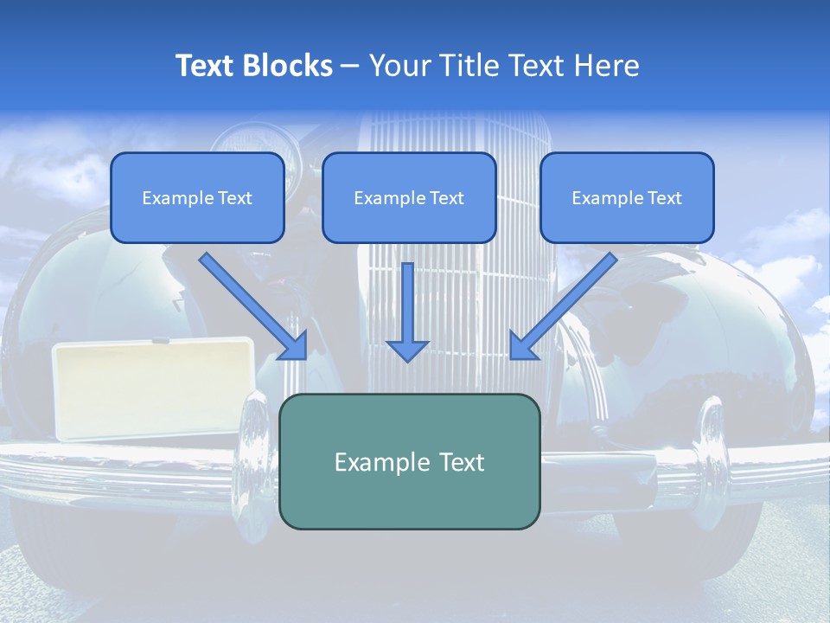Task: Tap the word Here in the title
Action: (607, 66)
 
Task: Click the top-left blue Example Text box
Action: (197, 198)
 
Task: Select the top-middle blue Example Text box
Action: (409, 198)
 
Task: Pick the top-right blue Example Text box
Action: (627, 198)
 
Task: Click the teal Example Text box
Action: (409, 462)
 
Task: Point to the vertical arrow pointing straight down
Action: (407, 311)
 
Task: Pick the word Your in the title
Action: (399, 66)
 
